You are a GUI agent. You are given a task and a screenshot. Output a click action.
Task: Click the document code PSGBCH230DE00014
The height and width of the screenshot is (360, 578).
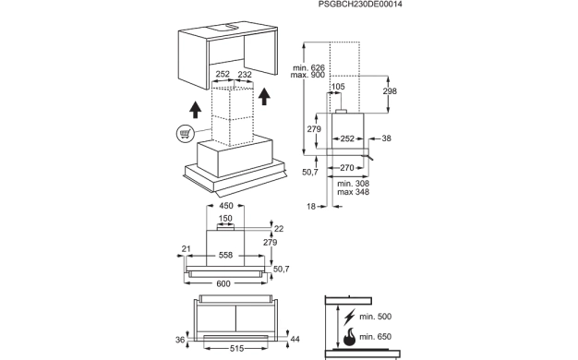pos(360,5)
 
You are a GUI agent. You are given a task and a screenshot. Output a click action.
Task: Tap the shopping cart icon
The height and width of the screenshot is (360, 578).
pos(185,134)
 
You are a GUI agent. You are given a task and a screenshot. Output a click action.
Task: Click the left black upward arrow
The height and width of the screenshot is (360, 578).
pos(195,110)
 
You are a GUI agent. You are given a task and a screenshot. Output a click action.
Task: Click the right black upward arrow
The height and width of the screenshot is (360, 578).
pos(264,97)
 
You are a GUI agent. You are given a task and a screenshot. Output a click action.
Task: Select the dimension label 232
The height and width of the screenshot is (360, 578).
pos(245,75)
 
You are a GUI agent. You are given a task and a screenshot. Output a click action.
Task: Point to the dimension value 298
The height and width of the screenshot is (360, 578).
pos(390,91)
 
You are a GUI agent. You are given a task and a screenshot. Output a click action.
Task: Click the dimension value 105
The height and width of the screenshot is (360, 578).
pos(338,87)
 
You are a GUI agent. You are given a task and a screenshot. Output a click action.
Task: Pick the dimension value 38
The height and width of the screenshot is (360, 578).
pos(386,138)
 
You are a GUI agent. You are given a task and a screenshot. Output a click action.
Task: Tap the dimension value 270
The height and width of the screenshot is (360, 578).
pos(347,168)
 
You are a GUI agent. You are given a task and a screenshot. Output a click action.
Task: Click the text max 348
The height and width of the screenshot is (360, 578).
pos(353,192)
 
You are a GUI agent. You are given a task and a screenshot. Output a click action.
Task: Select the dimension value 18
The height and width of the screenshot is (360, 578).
pos(311,207)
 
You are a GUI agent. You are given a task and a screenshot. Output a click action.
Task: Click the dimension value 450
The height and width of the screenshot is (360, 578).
pos(226,206)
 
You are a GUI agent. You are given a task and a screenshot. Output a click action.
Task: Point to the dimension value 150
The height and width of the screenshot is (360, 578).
pos(225,219)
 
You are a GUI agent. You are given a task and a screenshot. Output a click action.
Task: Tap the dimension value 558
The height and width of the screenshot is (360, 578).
pos(225,256)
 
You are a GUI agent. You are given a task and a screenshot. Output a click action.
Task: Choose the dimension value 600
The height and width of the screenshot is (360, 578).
pos(223,283)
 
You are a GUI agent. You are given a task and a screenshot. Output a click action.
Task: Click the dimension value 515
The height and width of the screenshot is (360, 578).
pos(236,348)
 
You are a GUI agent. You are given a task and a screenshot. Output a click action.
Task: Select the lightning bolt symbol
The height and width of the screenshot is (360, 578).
pos(349,317)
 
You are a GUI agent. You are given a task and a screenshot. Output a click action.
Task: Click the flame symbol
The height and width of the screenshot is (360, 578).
pos(349,337)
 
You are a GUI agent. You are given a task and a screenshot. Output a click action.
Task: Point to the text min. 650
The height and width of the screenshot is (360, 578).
pos(375,337)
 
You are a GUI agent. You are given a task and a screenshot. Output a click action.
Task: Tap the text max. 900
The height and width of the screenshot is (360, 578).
pos(307,75)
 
